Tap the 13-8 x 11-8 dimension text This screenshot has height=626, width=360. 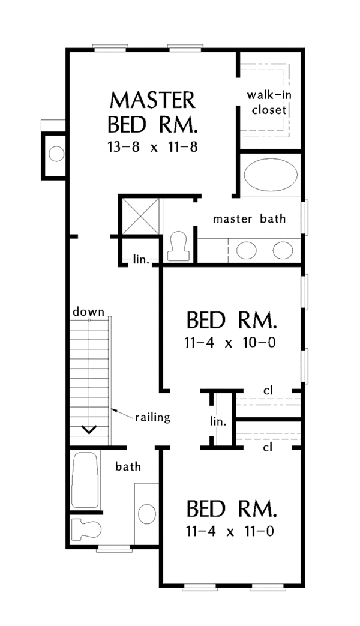[x=152, y=146]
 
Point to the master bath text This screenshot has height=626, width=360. [x=249, y=218]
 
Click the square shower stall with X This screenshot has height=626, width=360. [x=141, y=215]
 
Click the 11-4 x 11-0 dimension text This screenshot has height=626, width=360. [x=231, y=531]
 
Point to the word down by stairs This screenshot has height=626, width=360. [x=89, y=312]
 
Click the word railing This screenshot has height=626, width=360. [x=152, y=416]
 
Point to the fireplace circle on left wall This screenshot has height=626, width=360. [x=56, y=155]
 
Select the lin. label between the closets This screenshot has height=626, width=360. [x=218, y=421]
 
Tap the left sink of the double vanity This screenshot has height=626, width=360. [x=247, y=250]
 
